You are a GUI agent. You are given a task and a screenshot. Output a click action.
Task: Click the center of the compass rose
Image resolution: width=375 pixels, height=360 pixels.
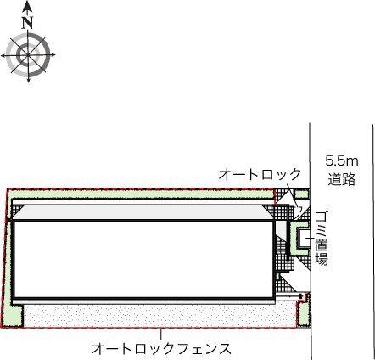pos(28,56)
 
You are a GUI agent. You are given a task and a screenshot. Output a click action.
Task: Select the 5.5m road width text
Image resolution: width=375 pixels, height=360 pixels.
pos(342,160)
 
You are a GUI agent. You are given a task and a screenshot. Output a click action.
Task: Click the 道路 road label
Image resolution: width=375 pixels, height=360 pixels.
pos(342,179)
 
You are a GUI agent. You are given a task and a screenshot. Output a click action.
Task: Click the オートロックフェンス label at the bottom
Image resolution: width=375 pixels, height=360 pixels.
pos(162,348)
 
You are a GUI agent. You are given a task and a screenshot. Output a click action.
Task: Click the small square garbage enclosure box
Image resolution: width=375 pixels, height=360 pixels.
pos(299,238)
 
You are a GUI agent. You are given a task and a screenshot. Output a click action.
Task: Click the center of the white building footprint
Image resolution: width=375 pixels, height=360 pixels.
pos(144,259)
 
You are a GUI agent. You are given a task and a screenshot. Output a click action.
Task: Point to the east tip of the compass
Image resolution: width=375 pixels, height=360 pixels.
pos(54,56)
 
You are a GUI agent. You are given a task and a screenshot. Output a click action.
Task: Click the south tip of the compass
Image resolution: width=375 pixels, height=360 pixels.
pos(28,82)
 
